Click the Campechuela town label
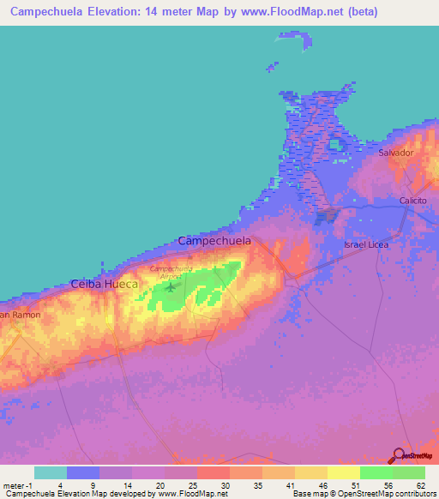[214, 242]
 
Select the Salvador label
[396, 153]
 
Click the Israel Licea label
[367, 245]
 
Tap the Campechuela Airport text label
[170, 272]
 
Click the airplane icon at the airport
[170, 285]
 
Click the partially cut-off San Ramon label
[19, 316]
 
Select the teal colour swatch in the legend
[51, 472]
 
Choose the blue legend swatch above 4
[83, 472]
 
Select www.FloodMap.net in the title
[282, 13]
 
